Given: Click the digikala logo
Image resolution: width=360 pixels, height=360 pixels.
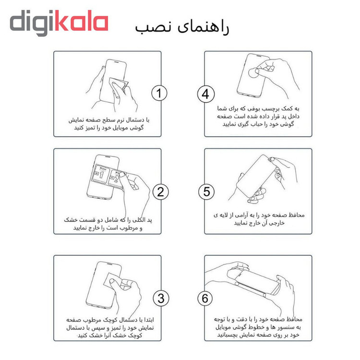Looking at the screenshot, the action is (x=59, y=23).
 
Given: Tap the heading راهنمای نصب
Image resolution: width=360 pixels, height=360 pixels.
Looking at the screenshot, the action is (x=182, y=28).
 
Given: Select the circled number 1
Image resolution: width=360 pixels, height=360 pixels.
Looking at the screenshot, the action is (x=159, y=93).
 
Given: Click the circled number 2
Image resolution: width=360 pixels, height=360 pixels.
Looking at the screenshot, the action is (x=160, y=192).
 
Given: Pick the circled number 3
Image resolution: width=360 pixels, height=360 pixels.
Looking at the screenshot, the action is (x=161, y=298).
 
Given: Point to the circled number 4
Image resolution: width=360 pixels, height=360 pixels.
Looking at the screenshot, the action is (x=206, y=94).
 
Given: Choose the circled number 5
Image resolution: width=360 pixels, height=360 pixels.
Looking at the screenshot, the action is (x=206, y=192).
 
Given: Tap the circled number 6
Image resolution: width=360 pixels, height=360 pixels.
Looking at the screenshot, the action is (x=205, y=299).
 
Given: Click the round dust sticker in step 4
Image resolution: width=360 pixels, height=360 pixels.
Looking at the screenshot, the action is (x=254, y=73).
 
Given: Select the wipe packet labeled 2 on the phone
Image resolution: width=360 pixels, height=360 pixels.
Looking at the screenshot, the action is (x=116, y=179).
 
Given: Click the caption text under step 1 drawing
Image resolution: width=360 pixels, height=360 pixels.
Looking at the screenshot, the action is (x=109, y=124).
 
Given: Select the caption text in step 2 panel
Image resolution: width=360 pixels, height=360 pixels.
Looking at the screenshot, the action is (x=108, y=224).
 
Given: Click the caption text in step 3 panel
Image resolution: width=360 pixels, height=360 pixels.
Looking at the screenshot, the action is (x=110, y=327).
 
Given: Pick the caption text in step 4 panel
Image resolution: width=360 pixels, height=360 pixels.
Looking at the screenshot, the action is (x=258, y=116).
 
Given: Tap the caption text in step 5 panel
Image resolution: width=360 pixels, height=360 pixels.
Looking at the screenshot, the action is (x=259, y=219).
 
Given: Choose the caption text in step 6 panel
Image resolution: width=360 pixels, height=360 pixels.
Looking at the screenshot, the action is (x=258, y=327).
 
